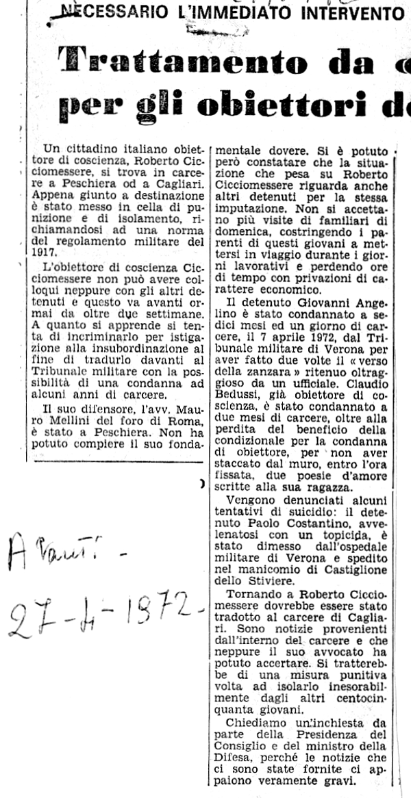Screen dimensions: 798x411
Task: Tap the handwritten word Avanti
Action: [x=62, y=551]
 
